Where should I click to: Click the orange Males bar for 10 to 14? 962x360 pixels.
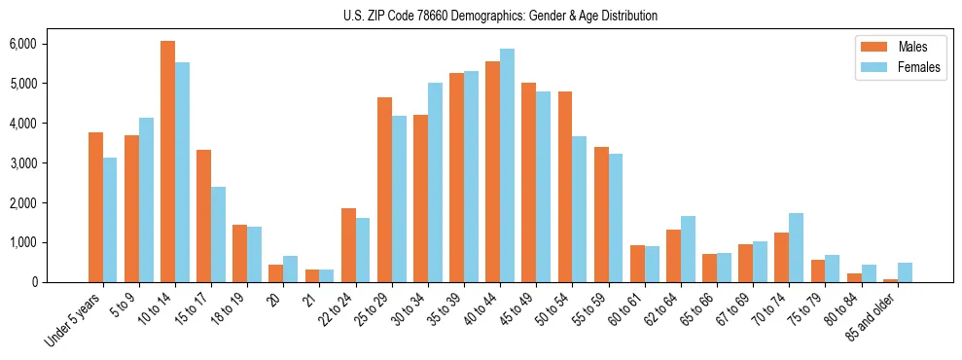[167, 162]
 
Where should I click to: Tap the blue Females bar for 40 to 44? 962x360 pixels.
[507, 165]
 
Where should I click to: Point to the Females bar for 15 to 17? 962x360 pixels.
[218, 234]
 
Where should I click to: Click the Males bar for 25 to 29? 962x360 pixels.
[384, 190]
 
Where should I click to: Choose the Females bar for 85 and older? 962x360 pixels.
[905, 272]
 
